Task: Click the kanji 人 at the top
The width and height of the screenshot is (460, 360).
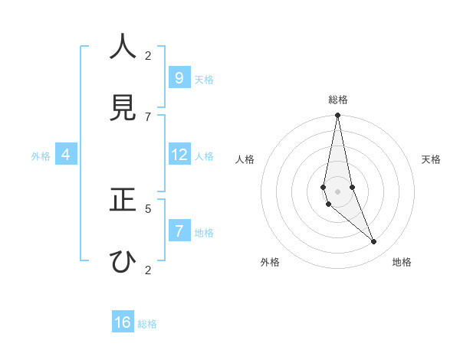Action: point(123,47)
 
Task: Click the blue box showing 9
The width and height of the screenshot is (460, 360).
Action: point(179,77)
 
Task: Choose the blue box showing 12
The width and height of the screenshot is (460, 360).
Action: point(179,155)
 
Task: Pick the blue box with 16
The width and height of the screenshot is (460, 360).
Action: point(123,322)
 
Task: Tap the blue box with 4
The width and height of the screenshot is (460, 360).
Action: point(66,155)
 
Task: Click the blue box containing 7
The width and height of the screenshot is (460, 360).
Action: point(179,231)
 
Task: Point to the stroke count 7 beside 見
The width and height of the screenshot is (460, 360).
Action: point(148,116)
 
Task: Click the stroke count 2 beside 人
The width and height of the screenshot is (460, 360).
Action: point(148,55)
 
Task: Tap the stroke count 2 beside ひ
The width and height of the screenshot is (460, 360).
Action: point(148,270)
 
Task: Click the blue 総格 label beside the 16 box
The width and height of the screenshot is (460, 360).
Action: point(147,324)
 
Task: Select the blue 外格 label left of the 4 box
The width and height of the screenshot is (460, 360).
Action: point(41,156)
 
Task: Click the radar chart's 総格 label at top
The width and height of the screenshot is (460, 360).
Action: point(337,100)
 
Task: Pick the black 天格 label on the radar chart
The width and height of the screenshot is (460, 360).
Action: point(431,159)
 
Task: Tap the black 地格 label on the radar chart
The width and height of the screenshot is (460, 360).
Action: point(402,262)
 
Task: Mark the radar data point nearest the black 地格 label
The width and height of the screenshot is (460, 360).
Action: point(374,242)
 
